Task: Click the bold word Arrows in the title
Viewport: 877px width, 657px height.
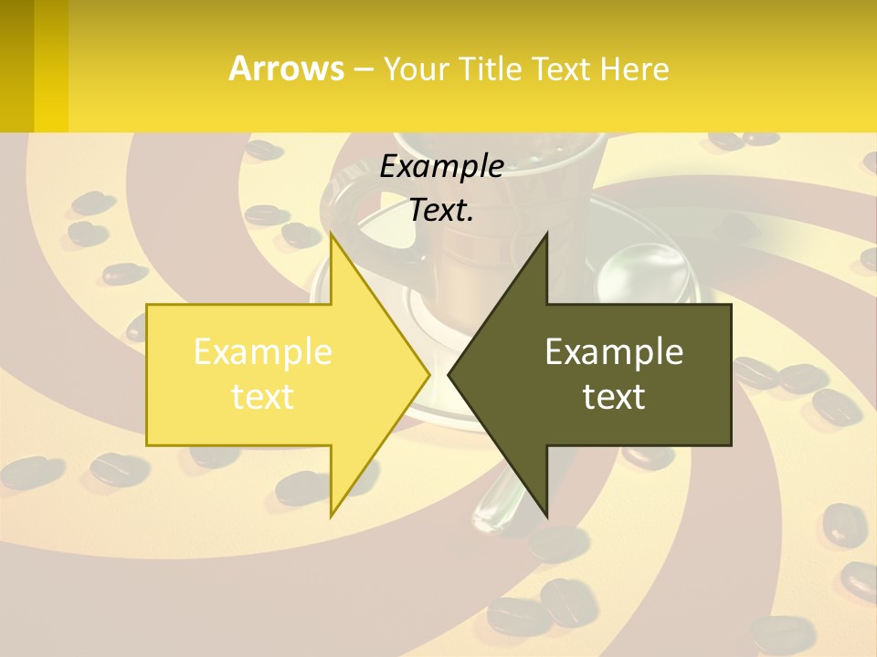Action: (x=287, y=68)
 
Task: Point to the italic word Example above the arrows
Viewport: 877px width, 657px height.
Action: (x=441, y=166)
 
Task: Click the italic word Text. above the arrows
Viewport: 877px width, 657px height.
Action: (x=441, y=210)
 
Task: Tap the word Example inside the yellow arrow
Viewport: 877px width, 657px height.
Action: (x=263, y=351)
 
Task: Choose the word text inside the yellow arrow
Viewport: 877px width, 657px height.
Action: (x=263, y=396)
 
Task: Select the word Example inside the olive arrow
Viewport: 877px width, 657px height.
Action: (x=614, y=351)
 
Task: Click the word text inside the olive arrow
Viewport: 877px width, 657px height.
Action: (x=614, y=396)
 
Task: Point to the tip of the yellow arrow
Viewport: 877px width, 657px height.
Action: (x=428, y=374)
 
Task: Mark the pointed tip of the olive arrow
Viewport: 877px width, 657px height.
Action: (x=450, y=374)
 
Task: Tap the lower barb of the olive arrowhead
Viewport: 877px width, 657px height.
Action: (x=545, y=513)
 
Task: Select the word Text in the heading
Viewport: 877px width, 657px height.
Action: (x=562, y=68)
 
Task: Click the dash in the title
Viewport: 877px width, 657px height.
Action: (x=363, y=68)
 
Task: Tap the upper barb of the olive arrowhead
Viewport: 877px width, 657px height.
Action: (x=545, y=237)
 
